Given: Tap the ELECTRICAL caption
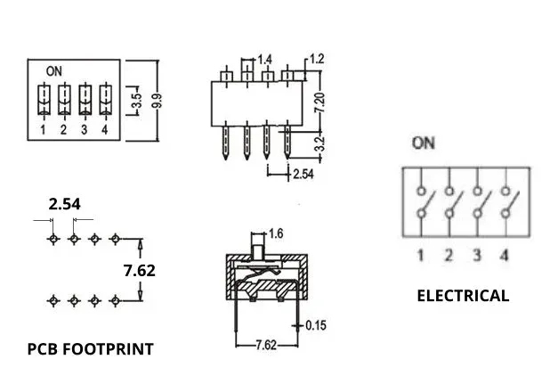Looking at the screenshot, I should coord(463,296).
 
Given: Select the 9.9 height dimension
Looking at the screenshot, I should coord(158,99).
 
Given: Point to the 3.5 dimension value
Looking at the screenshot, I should coord(136,100).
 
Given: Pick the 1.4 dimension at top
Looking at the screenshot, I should coord(264,59).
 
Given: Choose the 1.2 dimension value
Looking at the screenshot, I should coord(318,59).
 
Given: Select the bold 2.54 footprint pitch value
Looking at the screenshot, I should coord(64,204).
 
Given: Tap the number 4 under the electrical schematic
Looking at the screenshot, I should coord(505,257).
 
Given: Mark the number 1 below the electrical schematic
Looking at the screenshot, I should coord(420,257).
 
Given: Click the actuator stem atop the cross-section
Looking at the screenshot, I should coord(259,241).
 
